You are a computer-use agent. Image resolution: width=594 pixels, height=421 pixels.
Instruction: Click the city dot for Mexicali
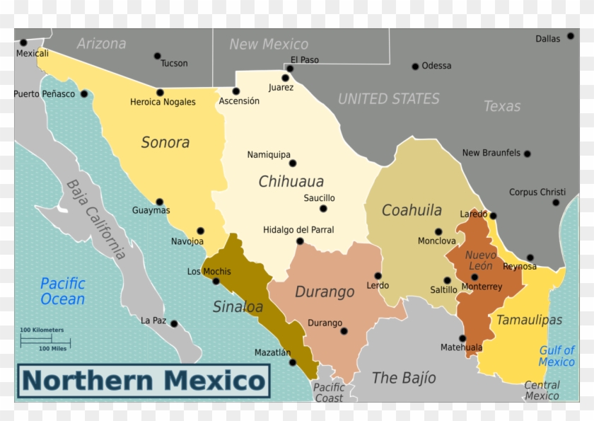click(23, 42)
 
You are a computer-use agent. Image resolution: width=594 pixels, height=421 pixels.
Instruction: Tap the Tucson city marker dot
click(157, 56)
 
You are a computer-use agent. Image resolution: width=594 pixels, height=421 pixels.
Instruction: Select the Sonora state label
click(165, 142)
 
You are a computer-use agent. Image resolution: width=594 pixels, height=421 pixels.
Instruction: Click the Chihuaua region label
click(291, 181)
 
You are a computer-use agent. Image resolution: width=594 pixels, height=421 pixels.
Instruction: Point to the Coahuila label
click(412, 210)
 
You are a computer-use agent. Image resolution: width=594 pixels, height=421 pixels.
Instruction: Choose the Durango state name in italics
click(325, 292)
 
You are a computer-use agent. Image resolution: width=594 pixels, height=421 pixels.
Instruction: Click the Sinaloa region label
click(238, 306)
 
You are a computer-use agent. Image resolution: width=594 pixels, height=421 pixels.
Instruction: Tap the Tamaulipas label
click(529, 320)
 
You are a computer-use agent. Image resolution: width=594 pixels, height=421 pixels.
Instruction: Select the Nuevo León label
click(480, 260)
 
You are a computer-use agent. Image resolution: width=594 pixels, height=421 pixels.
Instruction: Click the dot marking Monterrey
click(474, 277)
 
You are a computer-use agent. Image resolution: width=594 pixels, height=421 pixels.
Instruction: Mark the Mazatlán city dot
click(293, 362)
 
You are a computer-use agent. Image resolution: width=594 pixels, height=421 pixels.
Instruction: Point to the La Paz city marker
click(174, 324)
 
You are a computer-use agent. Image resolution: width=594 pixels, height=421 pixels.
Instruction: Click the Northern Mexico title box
click(144, 381)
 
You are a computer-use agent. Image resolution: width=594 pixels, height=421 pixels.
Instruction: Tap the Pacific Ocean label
click(63, 291)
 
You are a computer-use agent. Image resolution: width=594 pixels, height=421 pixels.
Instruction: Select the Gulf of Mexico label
click(557, 356)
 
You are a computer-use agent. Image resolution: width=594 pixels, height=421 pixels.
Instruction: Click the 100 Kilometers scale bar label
click(42, 330)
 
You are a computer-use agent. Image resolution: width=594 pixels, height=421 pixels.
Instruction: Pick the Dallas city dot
click(570, 36)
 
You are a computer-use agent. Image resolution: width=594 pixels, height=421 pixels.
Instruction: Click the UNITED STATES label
click(388, 99)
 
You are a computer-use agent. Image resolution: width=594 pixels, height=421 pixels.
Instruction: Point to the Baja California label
click(96, 219)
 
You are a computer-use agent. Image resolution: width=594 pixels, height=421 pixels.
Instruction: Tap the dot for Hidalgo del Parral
click(300, 241)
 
